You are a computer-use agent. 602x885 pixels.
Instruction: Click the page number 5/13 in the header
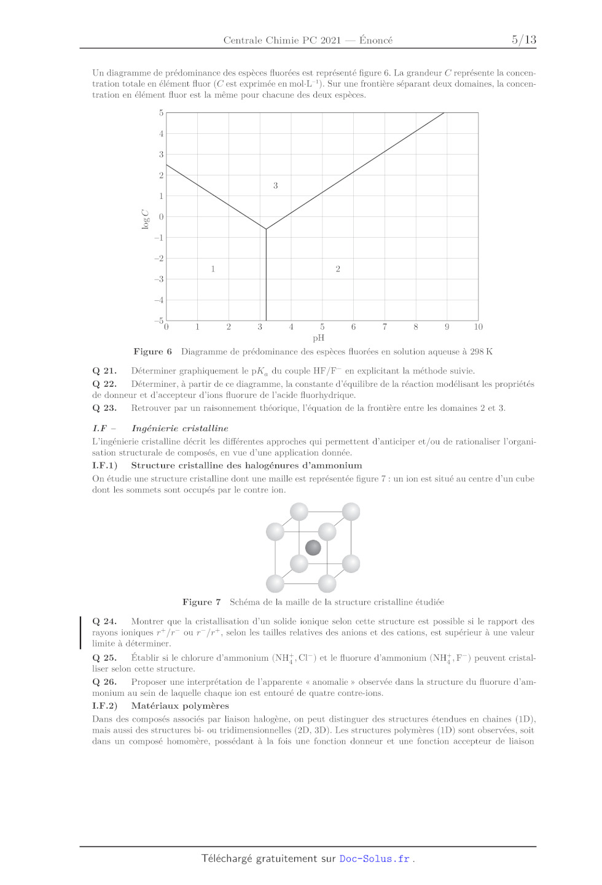pyautogui.click(x=523, y=40)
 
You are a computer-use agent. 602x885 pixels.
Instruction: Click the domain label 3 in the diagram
pyautogui.click(x=275, y=185)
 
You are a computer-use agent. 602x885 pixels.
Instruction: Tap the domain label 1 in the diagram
pyautogui.click(x=213, y=269)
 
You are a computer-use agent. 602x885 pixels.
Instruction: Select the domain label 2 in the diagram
pyautogui.click(x=338, y=269)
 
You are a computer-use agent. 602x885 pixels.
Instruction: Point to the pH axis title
pyautogui.click(x=318, y=338)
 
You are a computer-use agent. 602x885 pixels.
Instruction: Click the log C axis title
pyautogui.click(x=146, y=219)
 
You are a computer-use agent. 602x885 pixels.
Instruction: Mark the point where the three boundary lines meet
pyautogui.click(x=266, y=229)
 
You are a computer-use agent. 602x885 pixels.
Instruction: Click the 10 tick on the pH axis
pyautogui.click(x=478, y=327)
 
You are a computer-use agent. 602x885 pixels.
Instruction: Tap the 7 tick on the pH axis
pyautogui.click(x=385, y=327)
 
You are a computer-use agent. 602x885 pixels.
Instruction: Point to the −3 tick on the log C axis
pyautogui.click(x=159, y=279)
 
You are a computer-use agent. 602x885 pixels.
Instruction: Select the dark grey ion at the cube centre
pyautogui.click(x=313, y=547)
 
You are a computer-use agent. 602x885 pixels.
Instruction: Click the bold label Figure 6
pyautogui.click(x=152, y=352)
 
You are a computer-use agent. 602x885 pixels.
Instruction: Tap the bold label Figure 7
pyautogui.click(x=201, y=602)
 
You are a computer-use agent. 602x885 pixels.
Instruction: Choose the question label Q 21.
pyautogui.click(x=104, y=371)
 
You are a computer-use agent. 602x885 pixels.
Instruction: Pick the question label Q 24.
pyautogui.click(x=104, y=622)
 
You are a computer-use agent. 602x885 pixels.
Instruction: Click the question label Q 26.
pyautogui.click(x=104, y=682)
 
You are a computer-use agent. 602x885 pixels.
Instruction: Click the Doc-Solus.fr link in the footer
pyautogui.click(x=374, y=859)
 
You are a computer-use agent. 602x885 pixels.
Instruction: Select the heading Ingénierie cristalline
pyautogui.click(x=179, y=429)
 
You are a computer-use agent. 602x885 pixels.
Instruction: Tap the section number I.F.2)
pyautogui.click(x=105, y=706)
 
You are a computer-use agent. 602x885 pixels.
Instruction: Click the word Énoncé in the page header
pyautogui.click(x=376, y=41)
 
